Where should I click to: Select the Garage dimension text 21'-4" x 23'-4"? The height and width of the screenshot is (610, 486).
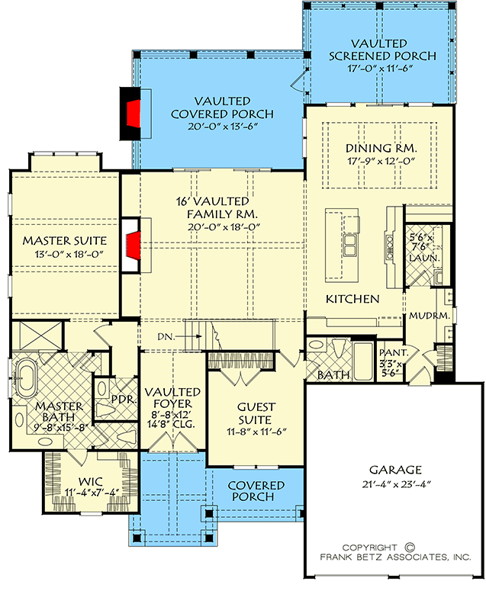(395, 484)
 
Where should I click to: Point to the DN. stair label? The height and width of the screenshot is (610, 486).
(166, 336)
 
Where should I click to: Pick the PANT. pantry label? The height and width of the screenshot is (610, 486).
(394, 353)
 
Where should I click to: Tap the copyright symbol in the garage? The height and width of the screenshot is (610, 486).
(410, 547)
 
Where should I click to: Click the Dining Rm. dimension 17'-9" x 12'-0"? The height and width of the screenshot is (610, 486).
(381, 161)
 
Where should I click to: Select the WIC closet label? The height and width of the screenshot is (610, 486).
(90, 482)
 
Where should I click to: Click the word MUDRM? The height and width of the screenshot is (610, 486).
(430, 316)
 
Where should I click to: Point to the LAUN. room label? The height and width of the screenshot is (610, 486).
(424, 258)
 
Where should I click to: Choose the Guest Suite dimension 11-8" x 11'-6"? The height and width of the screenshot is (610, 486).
(256, 432)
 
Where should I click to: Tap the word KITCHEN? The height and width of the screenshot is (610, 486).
(352, 299)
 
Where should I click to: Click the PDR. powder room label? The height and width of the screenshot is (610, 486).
(124, 400)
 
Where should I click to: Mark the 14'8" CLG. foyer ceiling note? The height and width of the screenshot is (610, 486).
(171, 424)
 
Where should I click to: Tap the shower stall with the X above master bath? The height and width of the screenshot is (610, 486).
(35, 335)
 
